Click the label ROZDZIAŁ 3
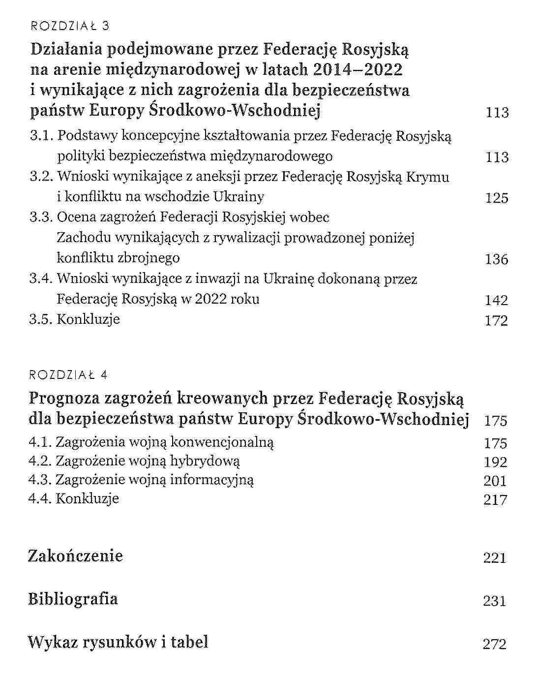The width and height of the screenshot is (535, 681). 69,26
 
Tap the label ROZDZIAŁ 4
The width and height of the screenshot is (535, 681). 68,375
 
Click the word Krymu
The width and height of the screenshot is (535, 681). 428,177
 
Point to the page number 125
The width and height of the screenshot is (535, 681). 496,198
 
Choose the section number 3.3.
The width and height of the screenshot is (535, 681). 41,217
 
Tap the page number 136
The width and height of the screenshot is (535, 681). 496,259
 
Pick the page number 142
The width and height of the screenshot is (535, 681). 496,300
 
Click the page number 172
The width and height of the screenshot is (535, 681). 496,321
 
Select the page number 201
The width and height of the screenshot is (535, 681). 495,481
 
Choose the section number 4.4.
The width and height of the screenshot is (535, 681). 40,498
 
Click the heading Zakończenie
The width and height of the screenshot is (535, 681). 75,556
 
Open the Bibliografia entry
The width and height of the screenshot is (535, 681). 73,599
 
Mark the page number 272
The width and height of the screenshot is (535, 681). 495,644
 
